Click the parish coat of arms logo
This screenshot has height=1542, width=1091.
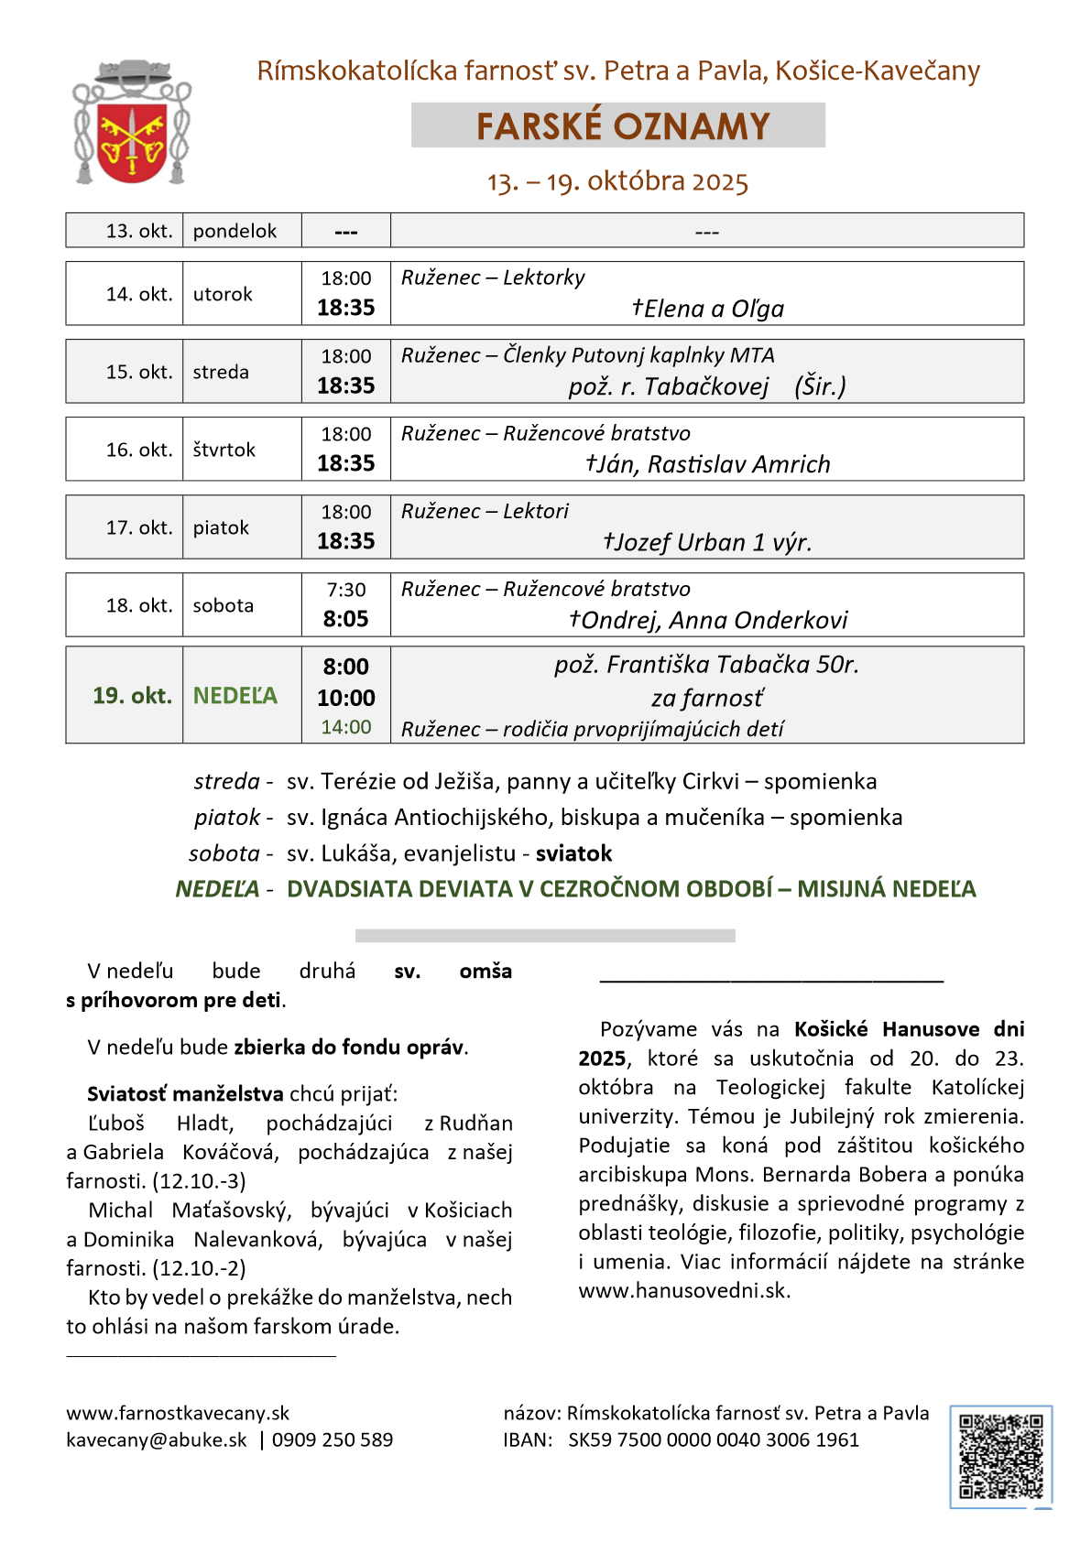click(x=132, y=123)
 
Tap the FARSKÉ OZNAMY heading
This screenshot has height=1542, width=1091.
click(x=622, y=126)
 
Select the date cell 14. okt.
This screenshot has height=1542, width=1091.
click(x=139, y=294)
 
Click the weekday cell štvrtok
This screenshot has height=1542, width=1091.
click(x=224, y=450)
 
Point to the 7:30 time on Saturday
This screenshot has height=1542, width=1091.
click(x=346, y=590)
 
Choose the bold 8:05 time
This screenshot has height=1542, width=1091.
click(x=346, y=619)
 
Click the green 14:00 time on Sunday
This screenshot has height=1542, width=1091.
click(x=346, y=727)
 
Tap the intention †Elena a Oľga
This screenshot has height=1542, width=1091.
click(x=707, y=309)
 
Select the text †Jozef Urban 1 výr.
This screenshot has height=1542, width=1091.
click(x=707, y=542)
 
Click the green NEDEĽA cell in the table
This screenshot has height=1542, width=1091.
click(x=235, y=696)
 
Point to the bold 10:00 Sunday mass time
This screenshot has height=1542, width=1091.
click(x=346, y=698)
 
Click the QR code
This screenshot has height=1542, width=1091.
click(x=1000, y=1456)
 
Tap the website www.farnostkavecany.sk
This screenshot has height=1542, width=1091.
click(x=178, y=1413)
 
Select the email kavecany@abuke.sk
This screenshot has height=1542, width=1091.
click(x=157, y=1439)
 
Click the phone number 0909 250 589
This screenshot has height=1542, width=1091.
click(x=333, y=1439)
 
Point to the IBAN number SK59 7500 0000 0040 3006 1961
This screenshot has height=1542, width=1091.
click(x=714, y=1439)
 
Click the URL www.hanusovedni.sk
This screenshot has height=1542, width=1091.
click(x=682, y=1290)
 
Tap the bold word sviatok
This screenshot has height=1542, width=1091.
click(x=573, y=853)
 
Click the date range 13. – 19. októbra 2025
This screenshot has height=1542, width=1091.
click(x=617, y=181)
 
